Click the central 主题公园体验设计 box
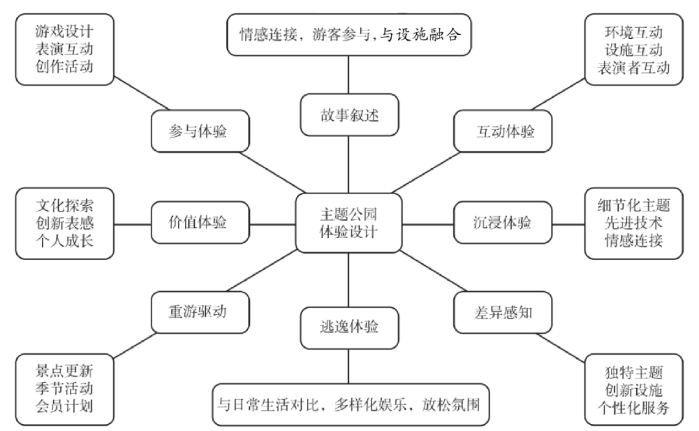coord(348,223)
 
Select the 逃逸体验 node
coord(348,327)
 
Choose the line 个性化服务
coord(634,408)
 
